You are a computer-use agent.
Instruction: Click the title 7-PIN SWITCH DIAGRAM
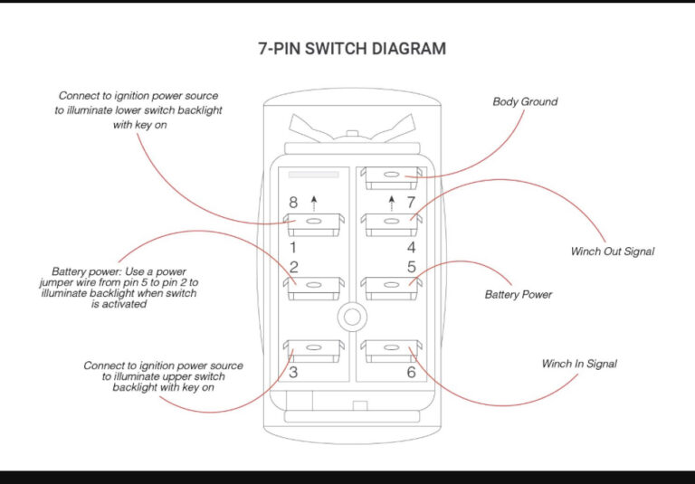coord(352,49)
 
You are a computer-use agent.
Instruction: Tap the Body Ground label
coord(525,101)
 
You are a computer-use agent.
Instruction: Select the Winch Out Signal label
coord(612,251)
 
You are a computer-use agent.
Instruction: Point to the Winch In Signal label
coord(579,364)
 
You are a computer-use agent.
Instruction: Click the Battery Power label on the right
coord(518,294)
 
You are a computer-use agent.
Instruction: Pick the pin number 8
coord(292,203)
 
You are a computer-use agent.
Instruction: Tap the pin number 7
coord(410,203)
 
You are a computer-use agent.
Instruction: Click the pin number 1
coord(292,246)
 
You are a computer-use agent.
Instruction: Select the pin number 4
coord(411,246)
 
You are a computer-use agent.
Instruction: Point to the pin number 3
coord(293,372)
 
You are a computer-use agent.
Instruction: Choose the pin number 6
coord(411,372)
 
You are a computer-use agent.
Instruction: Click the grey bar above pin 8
coord(313,174)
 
